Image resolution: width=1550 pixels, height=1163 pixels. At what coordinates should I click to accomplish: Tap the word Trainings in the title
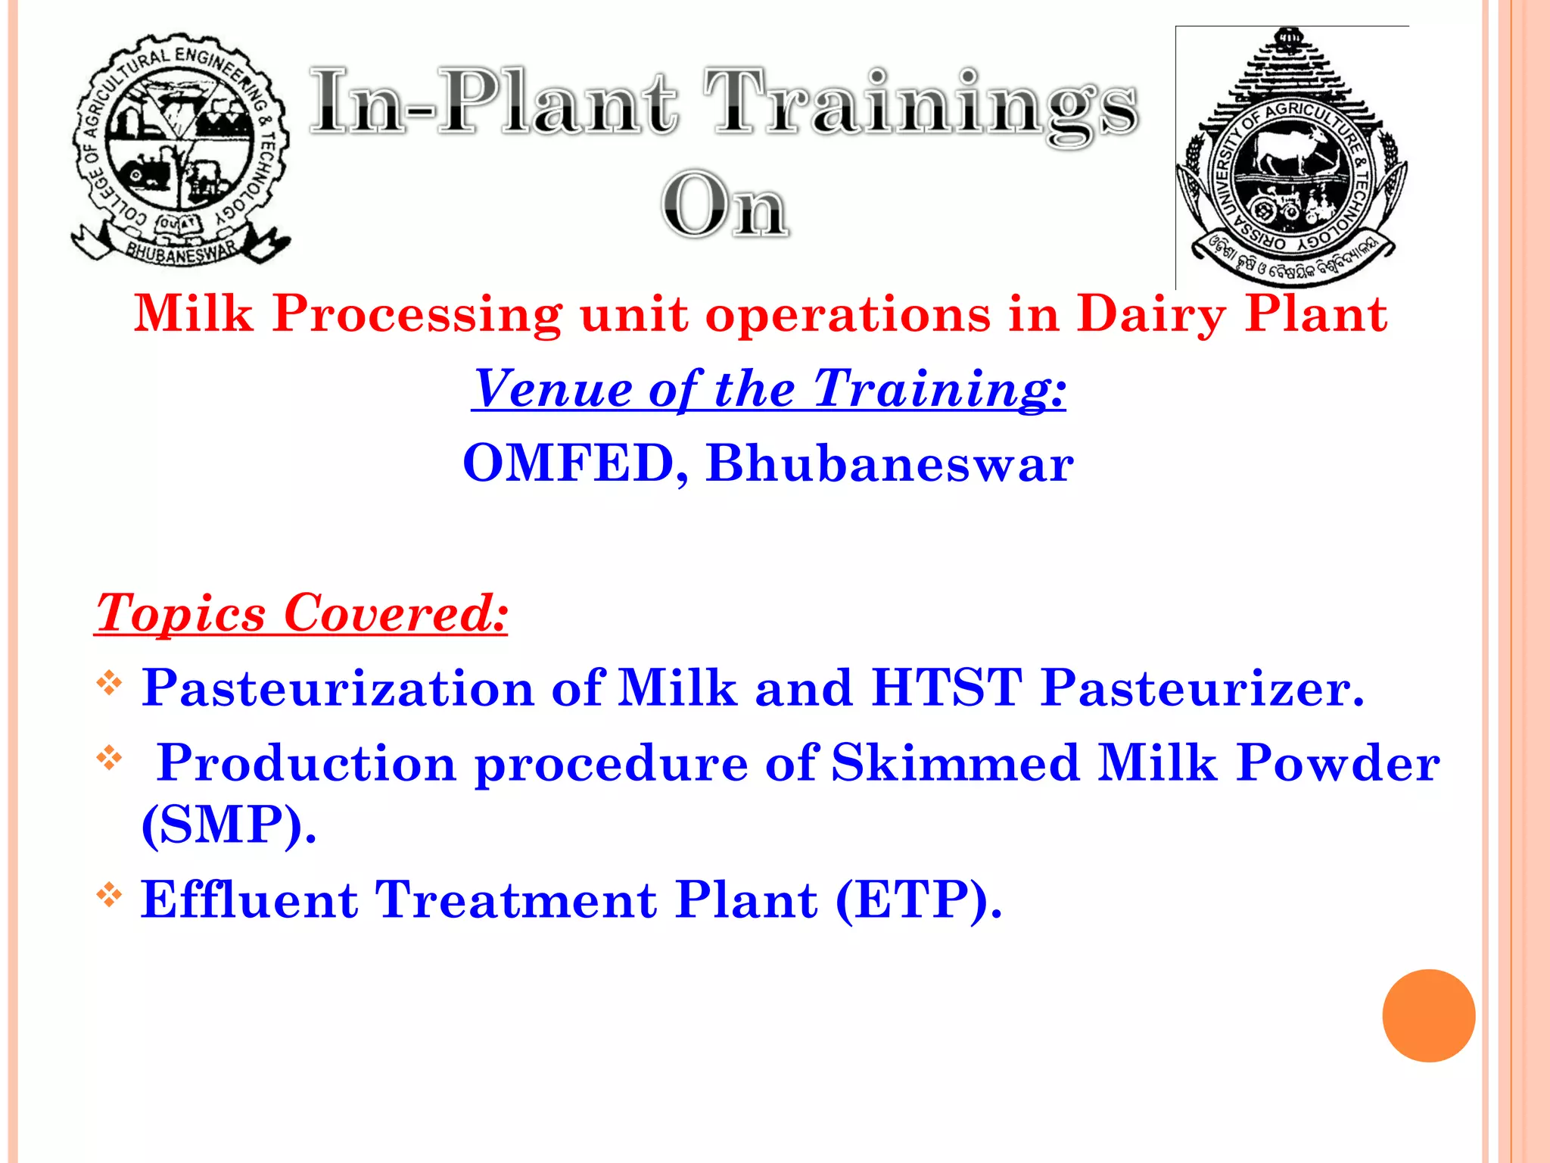pos(920,104)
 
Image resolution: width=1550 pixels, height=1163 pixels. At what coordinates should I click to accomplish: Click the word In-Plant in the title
pos(493,104)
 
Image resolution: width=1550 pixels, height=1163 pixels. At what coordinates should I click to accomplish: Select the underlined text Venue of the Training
pos(768,389)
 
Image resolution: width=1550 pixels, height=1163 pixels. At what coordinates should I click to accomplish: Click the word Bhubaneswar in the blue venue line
pos(889,463)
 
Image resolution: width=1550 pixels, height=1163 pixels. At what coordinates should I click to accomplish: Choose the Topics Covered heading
pos(301,613)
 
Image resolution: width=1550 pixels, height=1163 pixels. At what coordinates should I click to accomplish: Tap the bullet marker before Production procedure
pos(110,757)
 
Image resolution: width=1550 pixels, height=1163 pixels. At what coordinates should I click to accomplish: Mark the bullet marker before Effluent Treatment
pos(110,895)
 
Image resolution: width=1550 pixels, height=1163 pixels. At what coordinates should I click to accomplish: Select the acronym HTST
pos(946,688)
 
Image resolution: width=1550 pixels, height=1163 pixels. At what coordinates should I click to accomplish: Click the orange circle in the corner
pos(1428,1015)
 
